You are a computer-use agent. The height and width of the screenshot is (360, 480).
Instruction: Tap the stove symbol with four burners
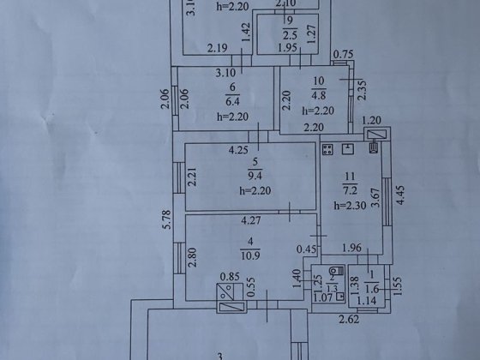click(x=327, y=151)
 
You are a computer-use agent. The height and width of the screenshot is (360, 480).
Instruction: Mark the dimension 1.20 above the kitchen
click(x=370, y=120)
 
